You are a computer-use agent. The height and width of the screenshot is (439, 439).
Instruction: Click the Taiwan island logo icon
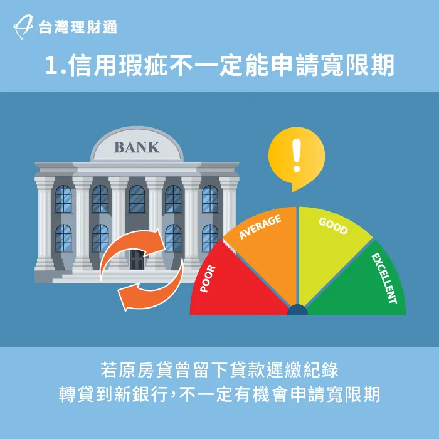pos(23,26)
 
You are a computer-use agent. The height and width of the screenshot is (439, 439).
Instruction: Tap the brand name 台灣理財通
pos(78,27)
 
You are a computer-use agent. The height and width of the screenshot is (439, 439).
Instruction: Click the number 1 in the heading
pos(51,65)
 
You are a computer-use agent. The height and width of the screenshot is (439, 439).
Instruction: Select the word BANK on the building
pos(137,147)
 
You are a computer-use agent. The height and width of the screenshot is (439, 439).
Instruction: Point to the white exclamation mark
pos(296,156)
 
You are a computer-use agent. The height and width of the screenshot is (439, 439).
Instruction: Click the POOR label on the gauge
pos(208,279)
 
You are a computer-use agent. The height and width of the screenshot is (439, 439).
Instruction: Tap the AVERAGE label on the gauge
pos(260,227)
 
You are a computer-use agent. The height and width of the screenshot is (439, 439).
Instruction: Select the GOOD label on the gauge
pos(333,226)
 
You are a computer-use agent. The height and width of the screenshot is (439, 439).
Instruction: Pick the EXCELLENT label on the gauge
pos(384,278)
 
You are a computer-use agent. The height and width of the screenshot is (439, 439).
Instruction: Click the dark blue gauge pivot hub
pos(297,310)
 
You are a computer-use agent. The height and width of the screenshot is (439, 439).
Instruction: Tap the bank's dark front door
pos(137,260)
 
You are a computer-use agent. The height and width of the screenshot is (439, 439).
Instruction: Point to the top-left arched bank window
pos(63,199)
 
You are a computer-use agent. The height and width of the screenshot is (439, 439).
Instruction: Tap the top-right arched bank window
pos(210,199)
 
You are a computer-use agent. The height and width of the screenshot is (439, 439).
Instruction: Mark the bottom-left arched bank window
pos(63,238)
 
